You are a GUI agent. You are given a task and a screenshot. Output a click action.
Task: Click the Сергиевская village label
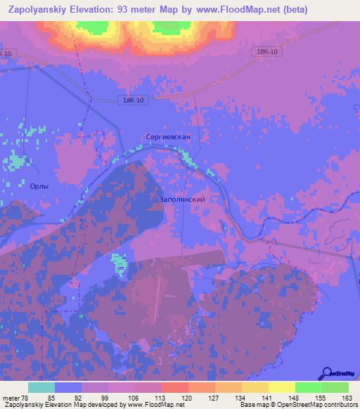point(168,136)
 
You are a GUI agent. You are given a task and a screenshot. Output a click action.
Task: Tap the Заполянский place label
point(179,200)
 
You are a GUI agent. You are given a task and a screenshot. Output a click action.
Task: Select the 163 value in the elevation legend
point(346,398)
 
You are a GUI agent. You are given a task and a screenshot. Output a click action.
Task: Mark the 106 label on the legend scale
point(134,398)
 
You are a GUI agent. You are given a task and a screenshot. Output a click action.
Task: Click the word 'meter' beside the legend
point(11,398)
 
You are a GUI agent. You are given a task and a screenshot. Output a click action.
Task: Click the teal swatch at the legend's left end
point(41,387)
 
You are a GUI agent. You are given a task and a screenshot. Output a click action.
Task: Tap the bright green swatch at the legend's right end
point(335,387)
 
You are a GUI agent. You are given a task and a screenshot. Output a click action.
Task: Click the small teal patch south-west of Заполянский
point(120,264)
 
